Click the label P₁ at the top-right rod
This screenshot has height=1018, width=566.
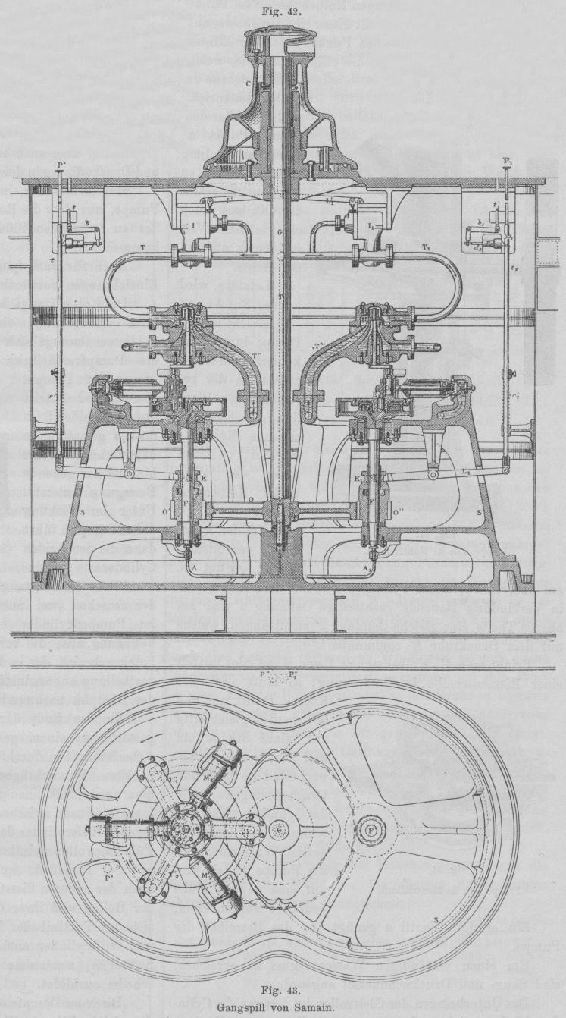[506, 162]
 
